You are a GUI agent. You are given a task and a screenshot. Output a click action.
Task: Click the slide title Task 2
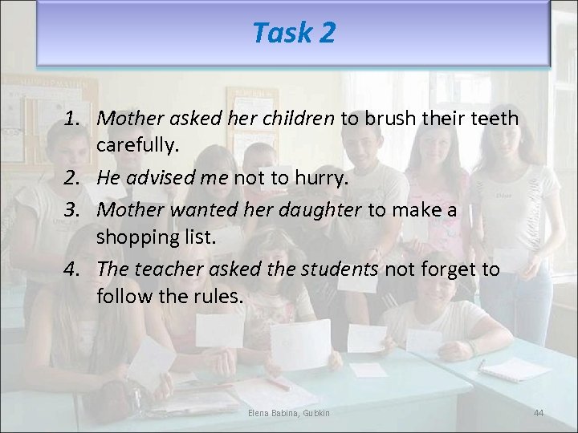pos(294,33)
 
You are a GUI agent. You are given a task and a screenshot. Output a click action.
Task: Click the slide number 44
pos(539,412)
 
